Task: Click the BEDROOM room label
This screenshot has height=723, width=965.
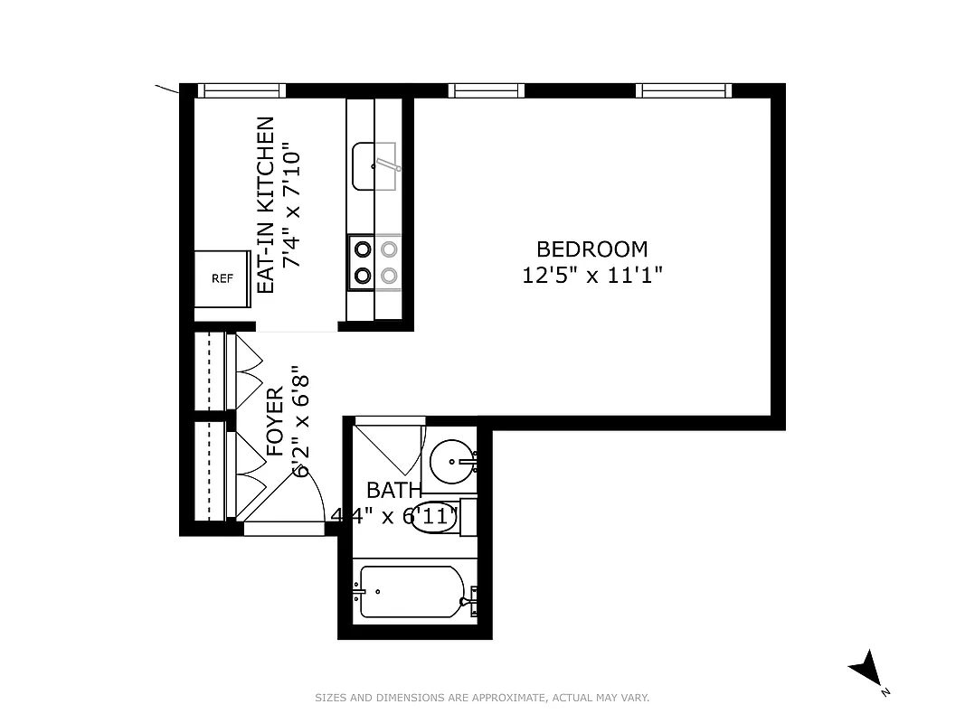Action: (x=592, y=249)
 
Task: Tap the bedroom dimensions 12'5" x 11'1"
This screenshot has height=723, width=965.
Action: (x=592, y=276)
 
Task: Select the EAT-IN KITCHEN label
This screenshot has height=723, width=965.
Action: (x=266, y=204)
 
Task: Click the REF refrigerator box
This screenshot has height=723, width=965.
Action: (x=222, y=278)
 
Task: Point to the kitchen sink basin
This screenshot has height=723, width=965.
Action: (x=373, y=166)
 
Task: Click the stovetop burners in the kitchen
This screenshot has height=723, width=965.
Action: (x=374, y=262)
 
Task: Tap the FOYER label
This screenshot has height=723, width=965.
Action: (x=275, y=421)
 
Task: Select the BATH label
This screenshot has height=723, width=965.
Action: (x=393, y=491)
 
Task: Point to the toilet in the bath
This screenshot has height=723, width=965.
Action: (x=438, y=519)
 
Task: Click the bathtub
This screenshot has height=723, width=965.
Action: (x=412, y=592)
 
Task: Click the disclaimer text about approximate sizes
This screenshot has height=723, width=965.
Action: (x=482, y=698)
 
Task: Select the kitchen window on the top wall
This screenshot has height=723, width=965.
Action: (x=241, y=90)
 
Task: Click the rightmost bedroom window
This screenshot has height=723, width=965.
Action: (x=683, y=90)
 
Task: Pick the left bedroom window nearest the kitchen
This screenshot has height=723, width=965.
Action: (x=486, y=90)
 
